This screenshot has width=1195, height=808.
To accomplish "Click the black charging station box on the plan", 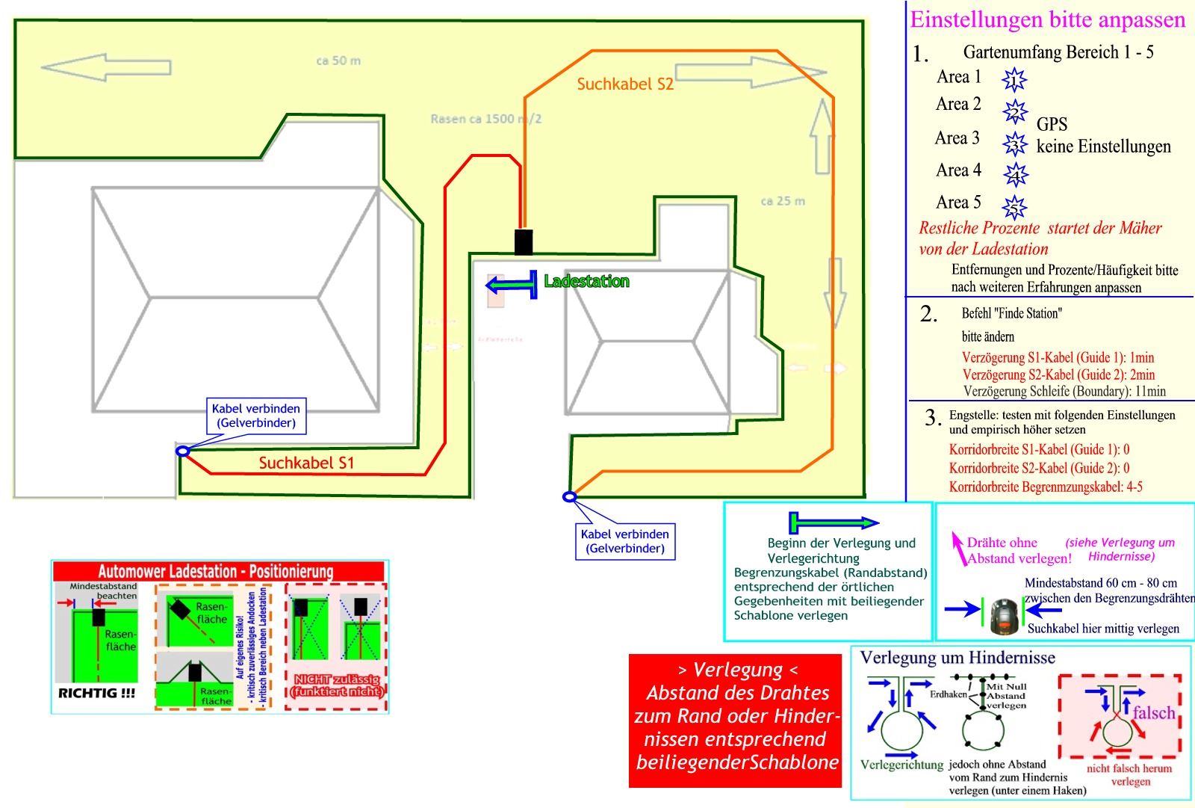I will pyautogui.click(x=524, y=242).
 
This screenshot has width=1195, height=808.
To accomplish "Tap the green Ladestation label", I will pyautogui.click(x=586, y=281).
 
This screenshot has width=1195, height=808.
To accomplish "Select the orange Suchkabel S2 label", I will pyautogui.click(x=625, y=84).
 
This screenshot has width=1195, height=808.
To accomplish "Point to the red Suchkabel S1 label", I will pyautogui.click(x=306, y=463).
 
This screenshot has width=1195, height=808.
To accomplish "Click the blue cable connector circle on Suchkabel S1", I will pyautogui.click(x=182, y=451).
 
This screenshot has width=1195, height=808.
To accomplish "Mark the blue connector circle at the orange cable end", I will pyautogui.click(x=569, y=496).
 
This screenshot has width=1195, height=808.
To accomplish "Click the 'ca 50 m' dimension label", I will pyautogui.click(x=338, y=61).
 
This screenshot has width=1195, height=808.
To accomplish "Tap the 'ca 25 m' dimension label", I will pyautogui.click(x=783, y=200).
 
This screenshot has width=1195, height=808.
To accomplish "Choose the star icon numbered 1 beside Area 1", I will pyautogui.click(x=1014, y=78).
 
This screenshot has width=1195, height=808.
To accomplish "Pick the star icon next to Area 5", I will pyautogui.click(x=1014, y=206).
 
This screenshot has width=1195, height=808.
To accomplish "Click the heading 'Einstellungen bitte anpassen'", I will pyautogui.click(x=1047, y=19).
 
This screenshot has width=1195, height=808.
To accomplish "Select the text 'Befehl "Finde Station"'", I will pyautogui.click(x=1011, y=313).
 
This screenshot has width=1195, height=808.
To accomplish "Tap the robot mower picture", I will pyautogui.click(x=1005, y=614).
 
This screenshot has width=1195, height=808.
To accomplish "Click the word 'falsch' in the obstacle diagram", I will pyautogui.click(x=1154, y=712).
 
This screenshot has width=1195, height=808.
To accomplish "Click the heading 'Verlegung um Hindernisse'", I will pyautogui.click(x=957, y=658).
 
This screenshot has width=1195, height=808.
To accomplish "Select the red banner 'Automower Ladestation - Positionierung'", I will pyautogui.click(x=216, y=572).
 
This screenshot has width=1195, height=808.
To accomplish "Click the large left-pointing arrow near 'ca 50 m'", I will pyautogui.click(x=105, y=67).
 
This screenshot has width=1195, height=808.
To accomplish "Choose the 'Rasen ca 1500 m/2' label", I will pyautogui.click(x=486, y=119).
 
